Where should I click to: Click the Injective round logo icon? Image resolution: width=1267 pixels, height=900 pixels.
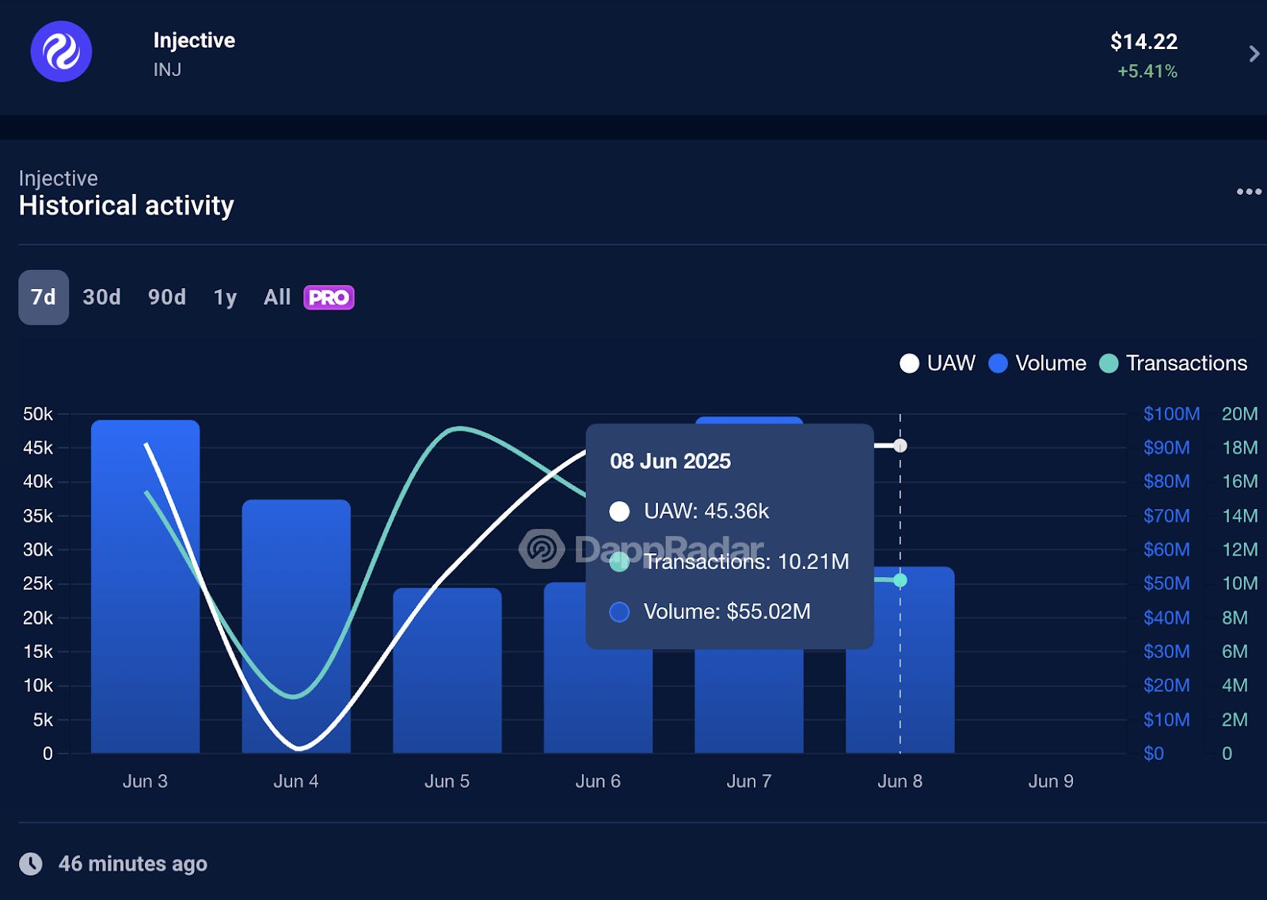[x=61, y=51]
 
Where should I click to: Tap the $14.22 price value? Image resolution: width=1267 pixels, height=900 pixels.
[x=1143, y=41]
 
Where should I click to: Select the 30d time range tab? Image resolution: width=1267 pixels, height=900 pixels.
[x=101, y=298]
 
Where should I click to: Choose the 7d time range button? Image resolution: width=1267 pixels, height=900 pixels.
[x=44, y=298]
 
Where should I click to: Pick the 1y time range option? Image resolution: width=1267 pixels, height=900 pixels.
[x=225, y=298]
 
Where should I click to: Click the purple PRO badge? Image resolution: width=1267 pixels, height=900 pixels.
[x=329, y=298]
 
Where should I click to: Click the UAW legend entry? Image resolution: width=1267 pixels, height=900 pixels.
[x=938, y=363]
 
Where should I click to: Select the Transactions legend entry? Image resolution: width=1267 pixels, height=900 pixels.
[x=1174, y=363]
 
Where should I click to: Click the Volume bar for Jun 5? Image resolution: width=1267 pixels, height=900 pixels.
[x=447, y=673]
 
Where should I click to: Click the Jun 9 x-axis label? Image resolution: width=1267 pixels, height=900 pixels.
[x=1051, y=781]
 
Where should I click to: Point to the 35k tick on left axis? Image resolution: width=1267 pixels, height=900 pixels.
[x=38, y=516]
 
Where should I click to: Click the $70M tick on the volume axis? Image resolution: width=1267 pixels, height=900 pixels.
[x=1166, y=516]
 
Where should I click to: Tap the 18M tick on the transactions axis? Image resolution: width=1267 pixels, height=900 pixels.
[x=1239, y=448]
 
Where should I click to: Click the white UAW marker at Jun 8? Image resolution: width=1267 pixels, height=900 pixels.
[x=900, y=446]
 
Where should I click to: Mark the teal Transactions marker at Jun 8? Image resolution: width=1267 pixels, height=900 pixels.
[x=900, y=580]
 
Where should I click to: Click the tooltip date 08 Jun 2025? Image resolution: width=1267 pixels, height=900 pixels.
[x=670, y=461]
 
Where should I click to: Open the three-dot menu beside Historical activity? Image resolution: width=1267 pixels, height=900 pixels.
[x=1249, y=192]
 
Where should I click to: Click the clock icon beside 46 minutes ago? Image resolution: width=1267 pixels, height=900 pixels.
[x=31, y=864]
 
